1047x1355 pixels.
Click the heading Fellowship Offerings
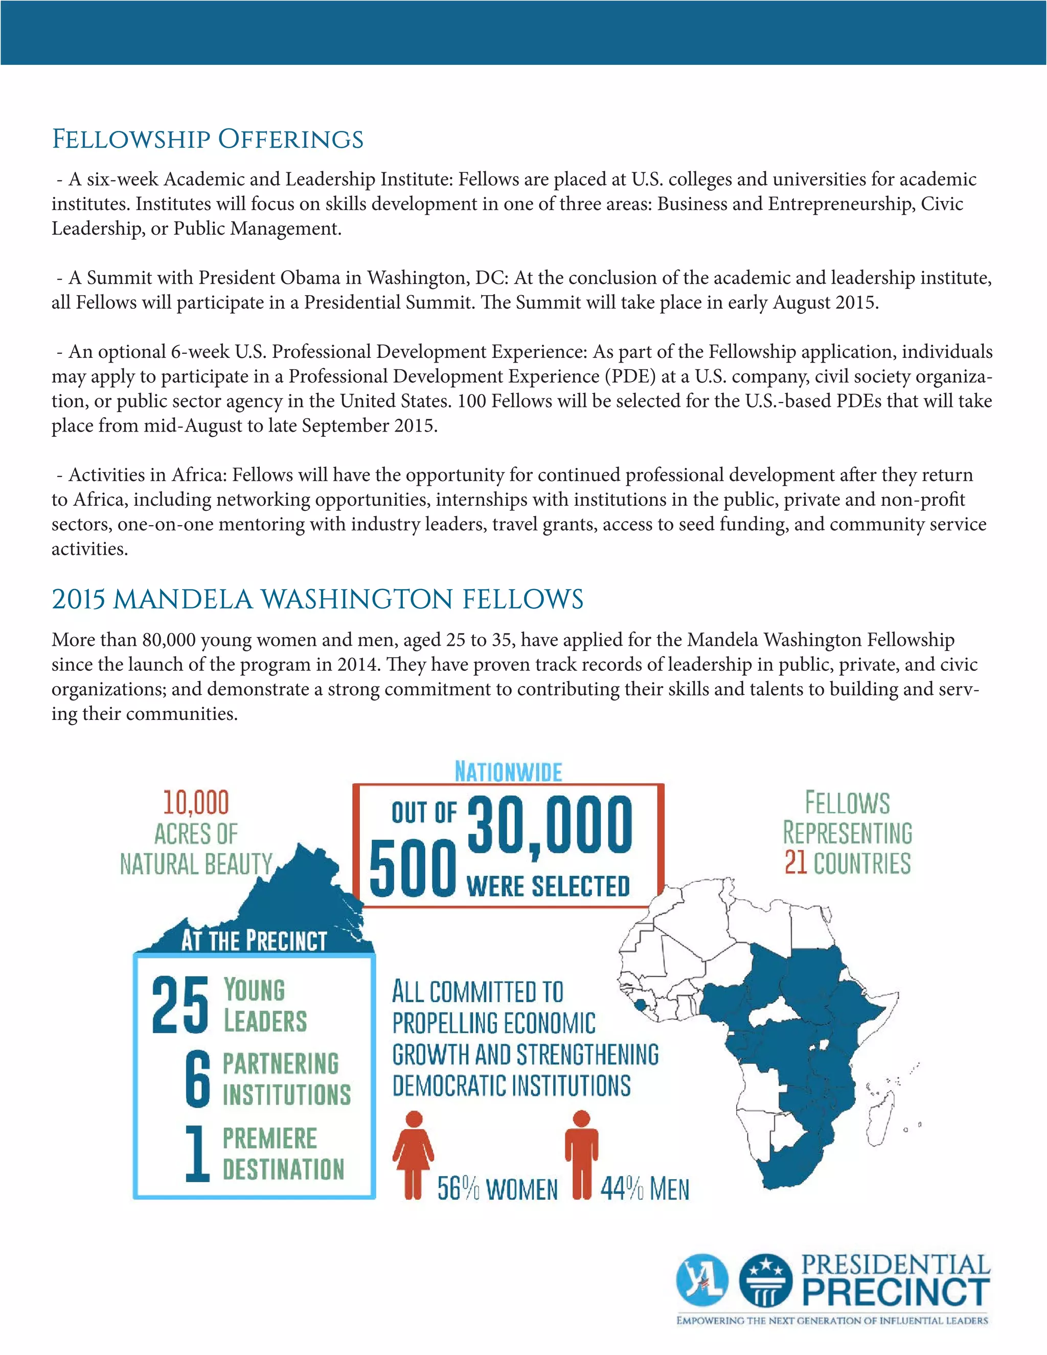click(207, 139)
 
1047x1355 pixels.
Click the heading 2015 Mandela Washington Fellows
click(317, 599)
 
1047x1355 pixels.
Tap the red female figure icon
click(413, 1154)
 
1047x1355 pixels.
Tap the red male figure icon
click(581, 1154)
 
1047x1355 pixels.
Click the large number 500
click(413, 869)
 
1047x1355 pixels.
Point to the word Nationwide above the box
click(508, 772)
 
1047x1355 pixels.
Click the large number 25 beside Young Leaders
click(180, 1006)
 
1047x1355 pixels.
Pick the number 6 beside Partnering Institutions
click(198, 1079)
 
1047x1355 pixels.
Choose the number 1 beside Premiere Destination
click(197, 1154)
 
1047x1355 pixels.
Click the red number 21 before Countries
click(795, 863)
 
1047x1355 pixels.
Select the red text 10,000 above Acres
click(196, 802)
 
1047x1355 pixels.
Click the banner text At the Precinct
click(254, 940)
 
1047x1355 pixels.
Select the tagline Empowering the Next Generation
click(832, 1321)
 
